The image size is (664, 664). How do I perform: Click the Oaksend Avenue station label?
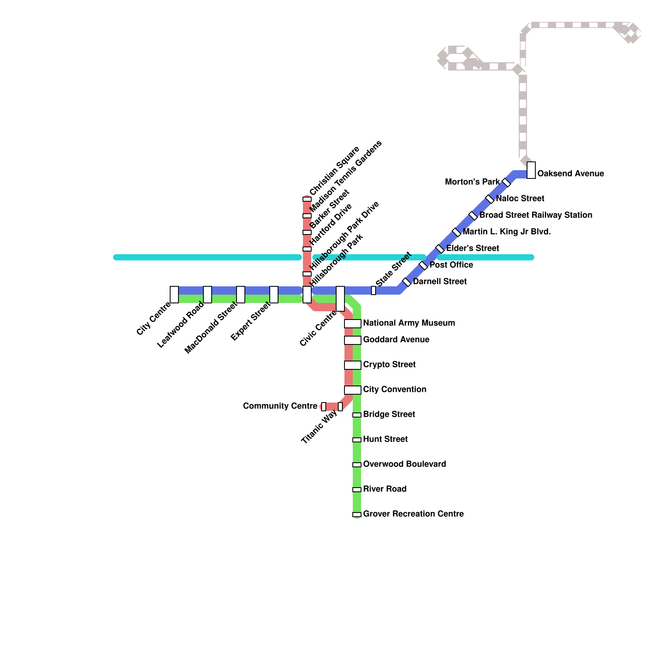pos(570,173)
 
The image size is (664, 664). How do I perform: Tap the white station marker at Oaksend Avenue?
pos(531,170)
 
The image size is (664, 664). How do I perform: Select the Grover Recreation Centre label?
pos(413,514)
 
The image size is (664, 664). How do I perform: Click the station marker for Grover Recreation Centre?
pos(357,515)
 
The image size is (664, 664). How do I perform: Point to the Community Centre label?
pos(280,406)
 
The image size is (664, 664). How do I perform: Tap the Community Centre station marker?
pos(324,407)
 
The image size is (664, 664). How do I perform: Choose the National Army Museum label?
pos(409,323)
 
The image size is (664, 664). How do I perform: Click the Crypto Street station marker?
pos(352,365)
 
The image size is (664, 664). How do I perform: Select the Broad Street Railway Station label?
pos(535,215)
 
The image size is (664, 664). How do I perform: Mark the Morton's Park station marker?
pos(506,183)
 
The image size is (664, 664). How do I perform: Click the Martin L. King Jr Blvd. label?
pos(507,232)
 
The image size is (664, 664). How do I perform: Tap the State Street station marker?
pos(373,290)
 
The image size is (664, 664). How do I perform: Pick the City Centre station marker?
pos(174,295)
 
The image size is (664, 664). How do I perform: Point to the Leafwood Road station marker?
pos(207,295)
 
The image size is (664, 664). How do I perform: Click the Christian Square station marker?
pos(307,199)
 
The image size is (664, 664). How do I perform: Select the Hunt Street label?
pos(385,439)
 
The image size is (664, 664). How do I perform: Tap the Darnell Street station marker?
pos(407,282)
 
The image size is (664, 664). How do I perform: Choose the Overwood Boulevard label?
pos(405,464)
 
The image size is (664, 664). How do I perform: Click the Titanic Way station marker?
pos(340,407)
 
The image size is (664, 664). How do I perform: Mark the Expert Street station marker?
pos(274,295)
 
